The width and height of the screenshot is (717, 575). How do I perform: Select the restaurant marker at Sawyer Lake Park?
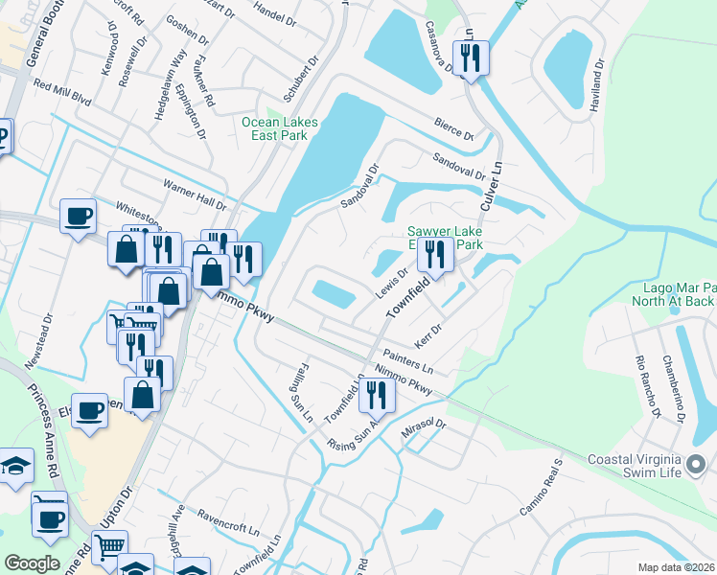click(x=435, y=255)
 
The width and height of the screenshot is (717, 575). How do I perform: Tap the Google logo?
click(x=32, y=563)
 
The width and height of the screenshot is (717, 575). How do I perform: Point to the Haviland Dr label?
click(x=597, y=83)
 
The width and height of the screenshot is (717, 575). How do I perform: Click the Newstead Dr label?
click(x=49, y=331)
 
